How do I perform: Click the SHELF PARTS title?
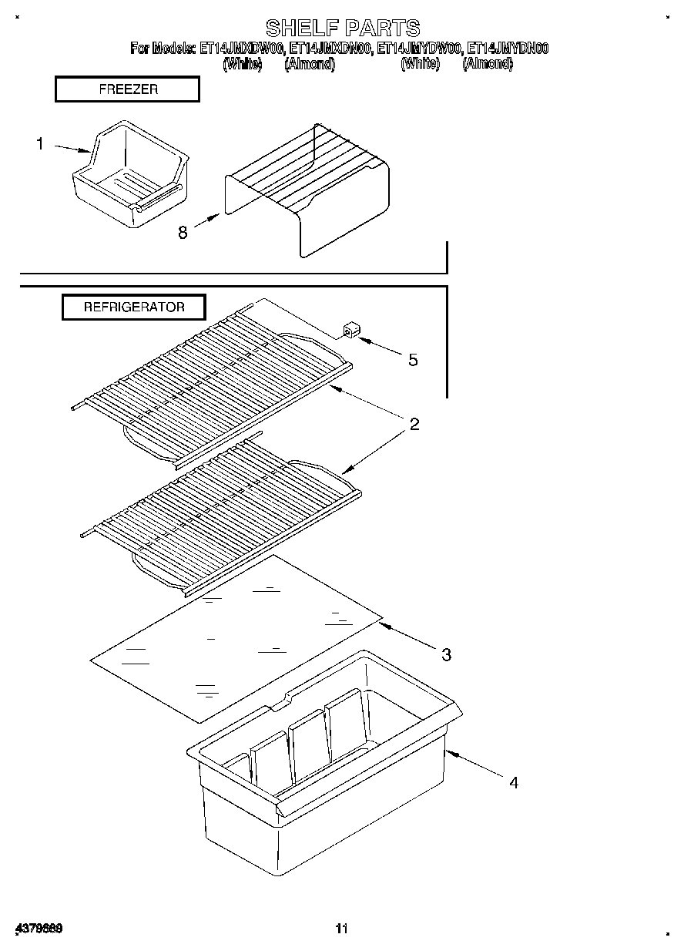pyautogui.click(x=342, y=29)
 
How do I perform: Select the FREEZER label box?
pyautogui.click(x=128, y=89)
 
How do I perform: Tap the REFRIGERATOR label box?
pyautogui.click(x=134, y=307)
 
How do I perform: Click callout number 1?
pyautogui.click(x=40, y=143)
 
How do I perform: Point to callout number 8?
pyautogui.click(x=183, y=232)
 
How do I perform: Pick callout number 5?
pyautogui.click(x=413, y=359)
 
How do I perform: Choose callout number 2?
pyautogui.click(x=414, y=424)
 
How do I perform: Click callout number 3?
pyautogui.click(x=446, y=655)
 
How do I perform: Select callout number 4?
pyautogui.click(x=513, y=782)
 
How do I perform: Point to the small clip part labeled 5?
pyautogui.click(x=350, y=332)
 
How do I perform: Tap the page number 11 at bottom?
pyautogui.click(x=342, y=929)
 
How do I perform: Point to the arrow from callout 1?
pyautogui.click(x=73, y=149)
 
